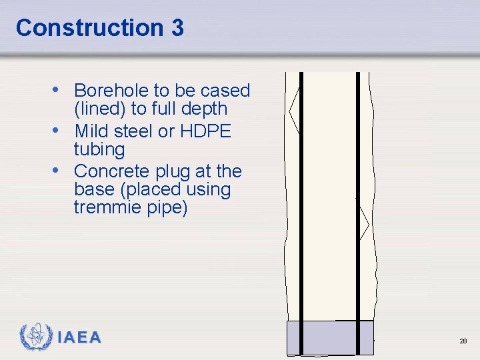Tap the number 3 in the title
176,28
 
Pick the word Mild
92,131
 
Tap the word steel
133,131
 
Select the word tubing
99,149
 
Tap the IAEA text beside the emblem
79,338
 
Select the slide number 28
463,341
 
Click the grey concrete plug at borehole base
329,338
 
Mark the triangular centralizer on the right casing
364,223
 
